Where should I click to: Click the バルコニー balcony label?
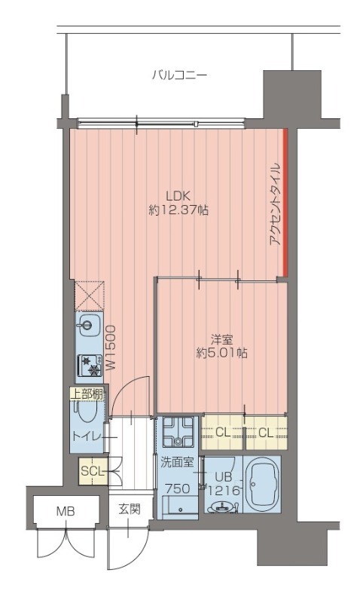tap(179, 75)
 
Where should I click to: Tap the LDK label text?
tap(178, 196)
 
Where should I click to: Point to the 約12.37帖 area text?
tap(178, 210)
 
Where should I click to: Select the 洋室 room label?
tap(221, 340)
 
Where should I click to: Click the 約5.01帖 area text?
tap(221, 353)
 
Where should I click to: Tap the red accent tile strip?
tap(285, 203)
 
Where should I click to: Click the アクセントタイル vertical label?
tap(275, 204)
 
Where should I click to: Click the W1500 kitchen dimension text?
tap(110, 347)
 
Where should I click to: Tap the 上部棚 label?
tap(87, 393)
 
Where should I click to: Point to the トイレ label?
tap(87, 436)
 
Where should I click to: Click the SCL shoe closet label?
tap(93, 471)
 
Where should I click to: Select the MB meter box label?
tap(66, 512)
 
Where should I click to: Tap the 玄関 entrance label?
tap(130, 510)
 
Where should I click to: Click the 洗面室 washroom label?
tap(177, 462)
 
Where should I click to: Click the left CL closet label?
tap(223, 433)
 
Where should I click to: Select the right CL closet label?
tap(266, 433)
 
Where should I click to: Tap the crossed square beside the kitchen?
tap(90, 295)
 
